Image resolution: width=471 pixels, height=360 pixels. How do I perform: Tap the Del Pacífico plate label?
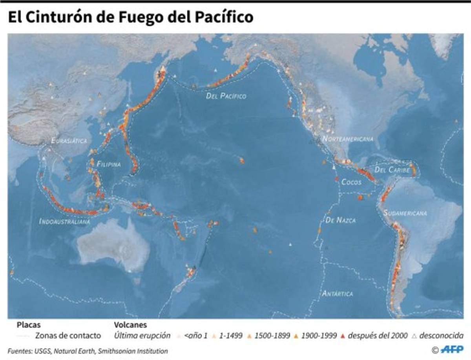[x=226, y=96]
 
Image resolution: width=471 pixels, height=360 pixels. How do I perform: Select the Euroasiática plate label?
[x=69, y=141]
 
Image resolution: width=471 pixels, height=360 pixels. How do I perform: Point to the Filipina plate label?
[x=109, y=164]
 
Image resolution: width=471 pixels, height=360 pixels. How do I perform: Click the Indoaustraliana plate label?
[x=64, y=222]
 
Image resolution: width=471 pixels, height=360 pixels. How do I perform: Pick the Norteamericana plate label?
[x=347, y=139]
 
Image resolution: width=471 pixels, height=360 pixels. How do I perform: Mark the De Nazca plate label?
[x=340, y=221]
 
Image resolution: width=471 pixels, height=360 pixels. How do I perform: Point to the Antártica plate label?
[x=337, y=293]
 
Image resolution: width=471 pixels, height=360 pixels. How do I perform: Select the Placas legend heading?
[x=29, y=325]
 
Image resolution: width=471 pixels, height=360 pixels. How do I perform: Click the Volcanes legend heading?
[x=130, y=325]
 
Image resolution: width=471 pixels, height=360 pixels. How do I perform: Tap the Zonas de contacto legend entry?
[x=68, y=336]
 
